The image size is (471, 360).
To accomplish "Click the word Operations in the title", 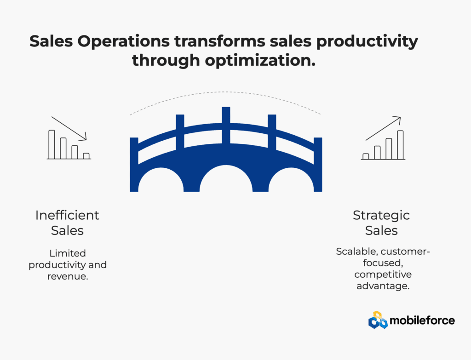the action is click(x=123, y=42).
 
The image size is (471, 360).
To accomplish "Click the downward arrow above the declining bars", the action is click(x=69, y=129).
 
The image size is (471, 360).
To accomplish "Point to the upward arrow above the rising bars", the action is click(x=383, y=128).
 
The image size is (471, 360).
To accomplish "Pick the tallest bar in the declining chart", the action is click(x=52, y=144).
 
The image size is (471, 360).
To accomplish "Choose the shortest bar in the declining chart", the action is click(x=86, y=156).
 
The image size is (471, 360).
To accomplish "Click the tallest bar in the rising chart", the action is click(x=400, y=145).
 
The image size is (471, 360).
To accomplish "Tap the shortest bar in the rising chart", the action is click(x=366, y=156).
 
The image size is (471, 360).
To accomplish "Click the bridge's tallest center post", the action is click(x=226, y=125).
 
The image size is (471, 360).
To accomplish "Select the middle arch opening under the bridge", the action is click(x=226, y=179).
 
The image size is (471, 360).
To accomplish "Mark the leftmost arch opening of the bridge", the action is click(x=161, y=180).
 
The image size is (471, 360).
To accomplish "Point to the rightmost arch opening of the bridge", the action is click(x=291, y=180).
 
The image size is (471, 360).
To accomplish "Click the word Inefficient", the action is click(x=67, y=215).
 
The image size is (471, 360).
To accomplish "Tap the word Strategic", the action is click(x=381, y=216).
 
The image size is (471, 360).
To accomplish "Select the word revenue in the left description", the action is click(x=68, y=276).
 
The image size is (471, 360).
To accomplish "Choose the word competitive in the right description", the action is click(x=383, y=275).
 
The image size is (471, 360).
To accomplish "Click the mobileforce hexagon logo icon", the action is click(x=378, y=320).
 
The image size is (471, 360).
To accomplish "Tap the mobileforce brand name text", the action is click(x=422, y=320).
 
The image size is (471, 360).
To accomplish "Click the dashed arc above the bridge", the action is click(x=225, y=92).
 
